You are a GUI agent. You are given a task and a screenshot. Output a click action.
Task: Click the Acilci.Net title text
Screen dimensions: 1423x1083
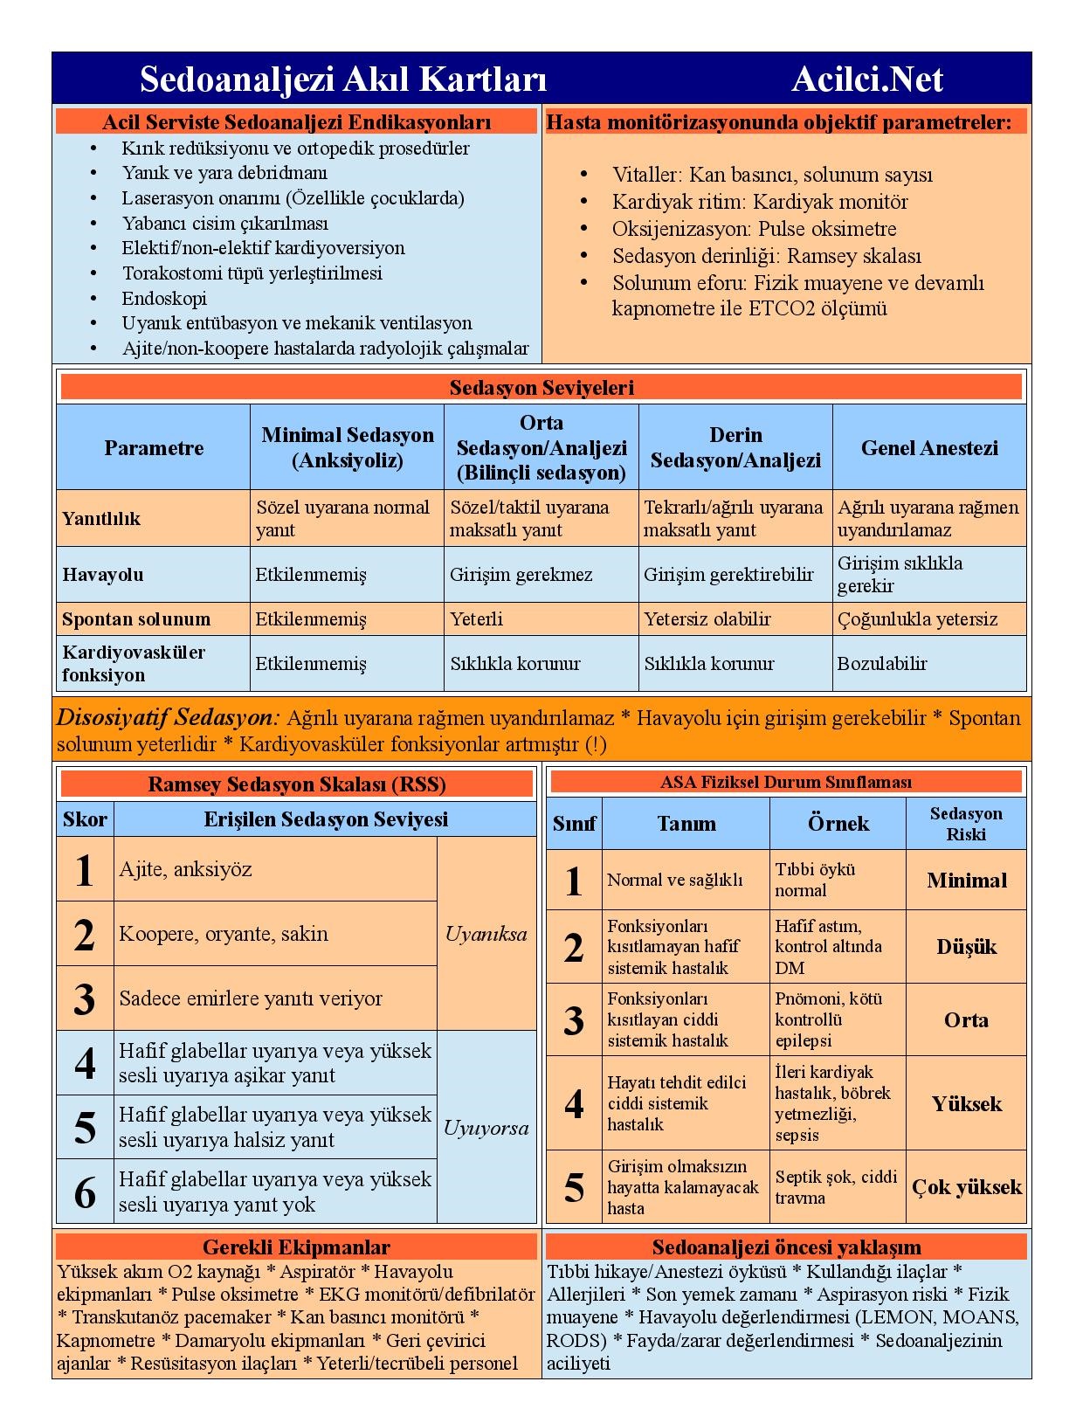866,79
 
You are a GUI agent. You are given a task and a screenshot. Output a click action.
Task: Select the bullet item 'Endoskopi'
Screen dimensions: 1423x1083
164,298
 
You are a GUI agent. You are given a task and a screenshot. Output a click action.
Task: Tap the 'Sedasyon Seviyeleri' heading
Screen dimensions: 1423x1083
541,387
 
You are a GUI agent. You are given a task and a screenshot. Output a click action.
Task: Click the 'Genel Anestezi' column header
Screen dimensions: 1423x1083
928,447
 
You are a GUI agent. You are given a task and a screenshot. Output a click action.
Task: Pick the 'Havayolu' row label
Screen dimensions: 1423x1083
103,575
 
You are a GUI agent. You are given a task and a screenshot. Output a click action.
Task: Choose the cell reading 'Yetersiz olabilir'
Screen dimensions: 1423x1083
707,619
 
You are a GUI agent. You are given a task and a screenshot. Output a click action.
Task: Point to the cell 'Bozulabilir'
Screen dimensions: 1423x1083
882,664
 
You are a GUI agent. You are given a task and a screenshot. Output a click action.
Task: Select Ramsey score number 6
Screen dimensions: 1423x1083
85,1192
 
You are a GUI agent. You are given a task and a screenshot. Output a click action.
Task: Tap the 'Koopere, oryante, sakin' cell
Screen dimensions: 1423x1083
224,934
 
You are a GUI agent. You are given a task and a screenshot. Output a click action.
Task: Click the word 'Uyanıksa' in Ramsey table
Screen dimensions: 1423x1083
486,934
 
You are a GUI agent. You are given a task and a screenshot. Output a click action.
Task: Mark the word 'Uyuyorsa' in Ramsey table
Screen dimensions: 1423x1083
486,1128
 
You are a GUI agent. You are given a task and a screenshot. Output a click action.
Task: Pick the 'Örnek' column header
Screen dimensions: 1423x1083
838,824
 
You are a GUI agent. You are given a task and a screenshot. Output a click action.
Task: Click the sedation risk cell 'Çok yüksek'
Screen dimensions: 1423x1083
967,1187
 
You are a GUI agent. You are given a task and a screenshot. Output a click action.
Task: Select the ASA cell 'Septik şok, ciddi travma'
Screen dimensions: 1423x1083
836,1187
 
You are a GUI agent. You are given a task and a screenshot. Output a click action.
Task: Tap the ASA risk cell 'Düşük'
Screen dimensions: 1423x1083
967,947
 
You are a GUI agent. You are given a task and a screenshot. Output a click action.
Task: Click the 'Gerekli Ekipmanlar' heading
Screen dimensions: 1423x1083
296,1247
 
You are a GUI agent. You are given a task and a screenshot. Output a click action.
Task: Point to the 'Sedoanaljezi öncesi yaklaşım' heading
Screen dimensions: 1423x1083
786,1247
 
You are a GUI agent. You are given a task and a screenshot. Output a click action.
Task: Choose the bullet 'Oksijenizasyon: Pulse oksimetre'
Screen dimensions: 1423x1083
754,229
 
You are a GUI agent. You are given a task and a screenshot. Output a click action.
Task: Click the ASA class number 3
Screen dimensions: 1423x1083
574,1020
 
